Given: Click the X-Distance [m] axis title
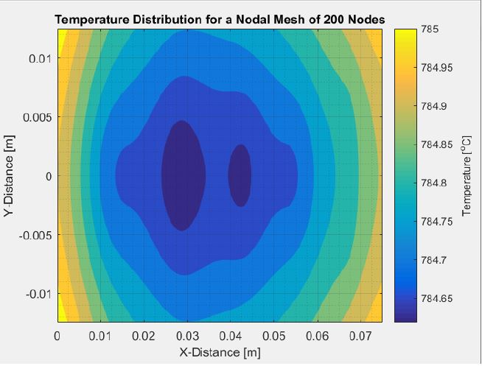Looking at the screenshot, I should (x=220, y=352).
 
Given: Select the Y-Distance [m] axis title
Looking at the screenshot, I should (x=10, y=175).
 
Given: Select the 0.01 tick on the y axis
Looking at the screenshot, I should (x=39, y=58).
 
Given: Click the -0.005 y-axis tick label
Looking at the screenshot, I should (x=33, y=235).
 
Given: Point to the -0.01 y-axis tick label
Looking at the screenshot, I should (x=36, y=294).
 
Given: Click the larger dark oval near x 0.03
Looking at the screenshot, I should (x=184, y=175).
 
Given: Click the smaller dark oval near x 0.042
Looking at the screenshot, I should (x=240, y=175).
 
